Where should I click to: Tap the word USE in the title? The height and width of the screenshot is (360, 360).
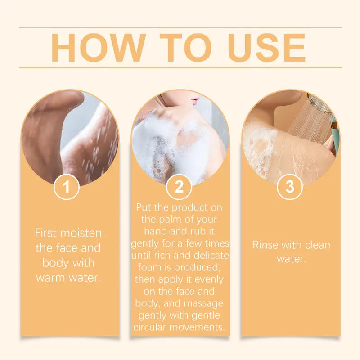coord(266,48)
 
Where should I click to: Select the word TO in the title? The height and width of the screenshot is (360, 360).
coord(185,48)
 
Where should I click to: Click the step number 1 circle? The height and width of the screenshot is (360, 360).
coord(67,187)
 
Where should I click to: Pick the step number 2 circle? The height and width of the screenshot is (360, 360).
coord(179,186)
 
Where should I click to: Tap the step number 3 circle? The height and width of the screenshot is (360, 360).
coord(290,186)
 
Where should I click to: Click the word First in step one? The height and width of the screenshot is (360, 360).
coord(45,233)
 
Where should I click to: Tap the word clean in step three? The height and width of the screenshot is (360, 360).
coord(318,245)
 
